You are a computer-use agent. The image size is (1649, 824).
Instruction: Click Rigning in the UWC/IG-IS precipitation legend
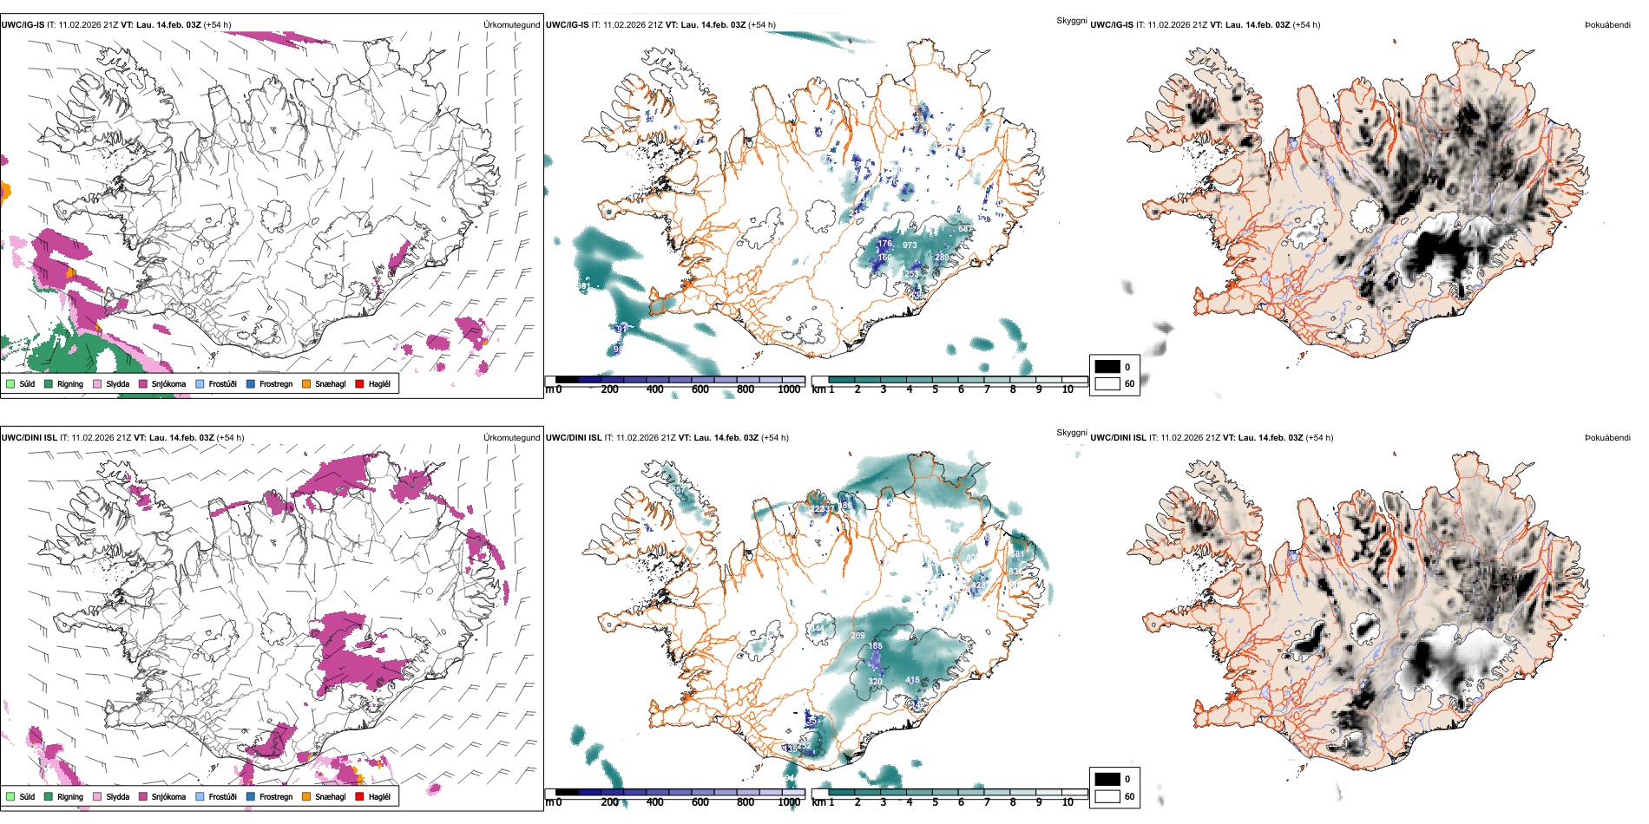(69, 383)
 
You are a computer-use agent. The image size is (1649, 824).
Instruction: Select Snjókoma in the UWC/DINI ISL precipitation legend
(168, 796)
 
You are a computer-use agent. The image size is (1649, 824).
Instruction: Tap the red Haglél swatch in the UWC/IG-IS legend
(359, 383)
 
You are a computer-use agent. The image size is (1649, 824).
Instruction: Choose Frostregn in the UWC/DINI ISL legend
(275, 796)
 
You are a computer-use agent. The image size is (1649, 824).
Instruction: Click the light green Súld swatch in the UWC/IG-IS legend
(10, 383)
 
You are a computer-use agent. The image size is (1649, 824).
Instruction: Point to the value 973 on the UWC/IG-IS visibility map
(910, 245)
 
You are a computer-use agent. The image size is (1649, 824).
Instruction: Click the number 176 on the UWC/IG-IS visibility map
(884, 244)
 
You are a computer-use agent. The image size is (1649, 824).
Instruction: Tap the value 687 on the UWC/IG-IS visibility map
(965, 229)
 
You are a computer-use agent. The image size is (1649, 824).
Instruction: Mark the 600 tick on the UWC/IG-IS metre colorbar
(700, 389)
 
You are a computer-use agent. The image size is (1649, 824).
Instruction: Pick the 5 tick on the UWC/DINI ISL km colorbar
(935, 802)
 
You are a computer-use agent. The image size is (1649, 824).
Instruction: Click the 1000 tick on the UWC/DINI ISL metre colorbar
(789, 802)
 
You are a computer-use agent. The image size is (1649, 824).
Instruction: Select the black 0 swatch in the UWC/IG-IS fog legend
(1107, 367)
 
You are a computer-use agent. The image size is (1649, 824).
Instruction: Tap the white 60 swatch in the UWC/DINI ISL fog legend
(1107, 796)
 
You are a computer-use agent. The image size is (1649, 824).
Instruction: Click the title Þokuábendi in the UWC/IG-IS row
(1607, 25)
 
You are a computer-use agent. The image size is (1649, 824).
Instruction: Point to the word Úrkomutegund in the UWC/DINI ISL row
(511, 438)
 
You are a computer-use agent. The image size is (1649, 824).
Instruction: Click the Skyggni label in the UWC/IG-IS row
(1071, 20)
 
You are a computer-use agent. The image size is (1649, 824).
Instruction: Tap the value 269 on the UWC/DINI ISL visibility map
(857, 636)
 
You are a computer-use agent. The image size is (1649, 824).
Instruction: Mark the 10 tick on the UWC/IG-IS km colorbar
(1068, 389)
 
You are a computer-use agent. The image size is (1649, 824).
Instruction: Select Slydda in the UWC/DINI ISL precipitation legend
(117, 796)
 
